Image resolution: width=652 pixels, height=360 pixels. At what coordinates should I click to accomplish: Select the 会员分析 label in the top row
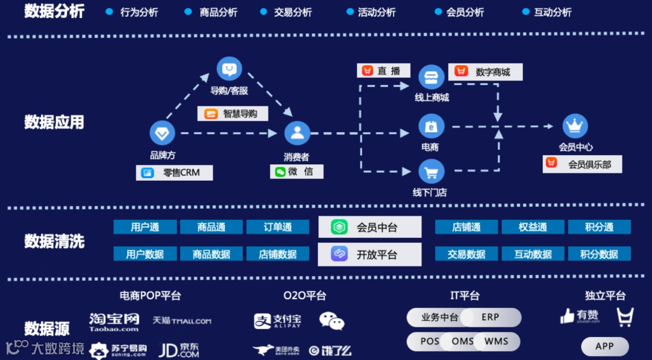click(465, 12)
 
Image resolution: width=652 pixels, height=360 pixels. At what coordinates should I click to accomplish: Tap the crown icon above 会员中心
click(575, 126)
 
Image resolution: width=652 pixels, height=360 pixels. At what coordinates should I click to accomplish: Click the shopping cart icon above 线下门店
click(431, 172)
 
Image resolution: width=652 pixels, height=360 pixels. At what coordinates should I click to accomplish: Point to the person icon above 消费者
click(297, 133)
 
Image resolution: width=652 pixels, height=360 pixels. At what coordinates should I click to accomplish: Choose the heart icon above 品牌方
click(162, 133)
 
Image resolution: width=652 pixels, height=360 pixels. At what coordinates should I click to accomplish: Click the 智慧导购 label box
click(232, 114)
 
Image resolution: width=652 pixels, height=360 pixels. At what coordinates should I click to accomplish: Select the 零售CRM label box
click(174, 173)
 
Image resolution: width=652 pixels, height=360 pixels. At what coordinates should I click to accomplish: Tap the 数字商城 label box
click(485, 72)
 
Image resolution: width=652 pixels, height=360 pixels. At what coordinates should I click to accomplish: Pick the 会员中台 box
click(369, 227)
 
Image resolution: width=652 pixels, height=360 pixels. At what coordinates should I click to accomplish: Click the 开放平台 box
click(369, 254)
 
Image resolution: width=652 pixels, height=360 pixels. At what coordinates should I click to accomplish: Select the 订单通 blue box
click(278, 227)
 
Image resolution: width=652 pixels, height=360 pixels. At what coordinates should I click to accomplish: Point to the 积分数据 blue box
click(599, 254)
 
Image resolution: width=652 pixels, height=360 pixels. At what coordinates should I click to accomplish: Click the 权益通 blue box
click(532, 227)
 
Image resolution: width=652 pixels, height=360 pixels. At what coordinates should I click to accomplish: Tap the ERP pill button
click(490, 317)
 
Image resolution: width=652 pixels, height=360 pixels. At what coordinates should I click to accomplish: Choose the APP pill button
click(604, 346)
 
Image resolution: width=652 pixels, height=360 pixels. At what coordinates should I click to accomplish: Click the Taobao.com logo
click(114, 322)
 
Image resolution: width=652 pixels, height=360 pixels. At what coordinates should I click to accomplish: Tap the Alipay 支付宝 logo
click(278, 321)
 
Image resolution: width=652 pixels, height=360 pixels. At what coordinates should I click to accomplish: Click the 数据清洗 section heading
click(54, 242)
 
